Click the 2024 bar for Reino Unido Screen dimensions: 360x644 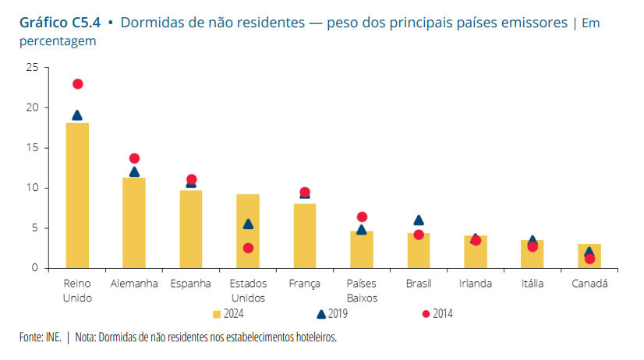coord(77,195)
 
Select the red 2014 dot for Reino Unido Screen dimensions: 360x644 coord(77,84)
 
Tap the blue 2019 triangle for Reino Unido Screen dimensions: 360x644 coord(77,115)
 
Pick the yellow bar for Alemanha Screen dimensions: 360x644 coord(134,223)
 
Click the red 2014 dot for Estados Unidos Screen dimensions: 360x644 coord(248,248)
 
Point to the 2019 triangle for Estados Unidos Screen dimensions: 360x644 coord(248,224)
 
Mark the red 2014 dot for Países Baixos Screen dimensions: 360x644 coord(362,217)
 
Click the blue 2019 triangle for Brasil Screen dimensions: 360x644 coord(419,221)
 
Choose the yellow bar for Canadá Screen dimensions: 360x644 coord(589,256)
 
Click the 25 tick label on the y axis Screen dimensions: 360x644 coord(32,67)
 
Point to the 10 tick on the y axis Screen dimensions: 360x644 coord(32,188)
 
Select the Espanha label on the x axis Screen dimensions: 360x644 coord(191,284)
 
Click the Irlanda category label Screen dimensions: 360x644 coord(476,284)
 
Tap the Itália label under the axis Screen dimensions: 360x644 coord(533,284)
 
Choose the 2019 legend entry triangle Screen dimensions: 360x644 coord(320,314)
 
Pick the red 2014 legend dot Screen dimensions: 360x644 coord(426,314)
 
